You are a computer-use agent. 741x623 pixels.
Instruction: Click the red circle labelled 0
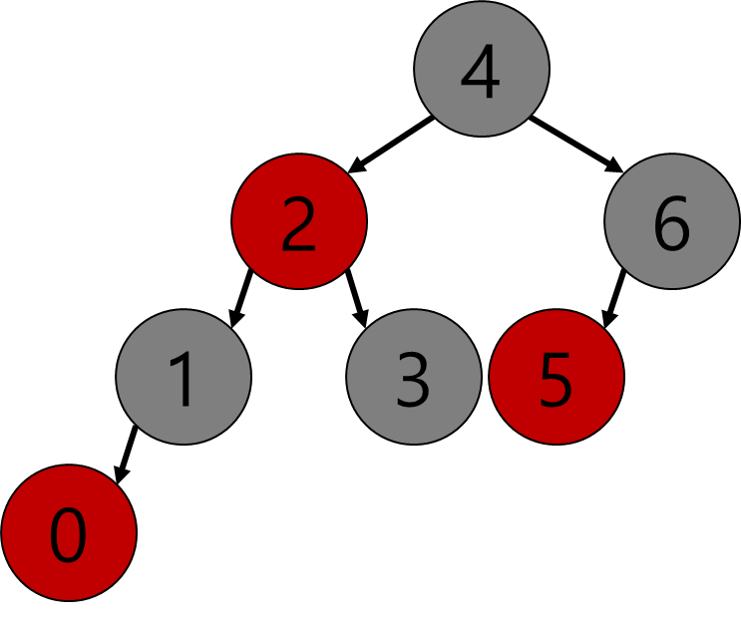[x=69, y=532]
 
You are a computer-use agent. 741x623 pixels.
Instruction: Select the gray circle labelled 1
[x=184, y=377]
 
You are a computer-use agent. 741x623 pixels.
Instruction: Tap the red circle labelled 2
[x=299, y=221]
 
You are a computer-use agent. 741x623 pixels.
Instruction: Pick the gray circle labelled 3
[x=414, y=377]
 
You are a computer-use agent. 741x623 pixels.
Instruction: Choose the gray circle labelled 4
[x=482, y=69]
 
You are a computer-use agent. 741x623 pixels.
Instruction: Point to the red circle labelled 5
[x=556, y=377]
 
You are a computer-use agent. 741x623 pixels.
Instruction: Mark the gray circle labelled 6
[x=672, y=221]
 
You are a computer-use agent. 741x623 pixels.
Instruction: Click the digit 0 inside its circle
[x=69, y=535]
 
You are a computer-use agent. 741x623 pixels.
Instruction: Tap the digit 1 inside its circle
[x=184, y=380]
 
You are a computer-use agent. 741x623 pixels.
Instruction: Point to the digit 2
[x=299, y=224]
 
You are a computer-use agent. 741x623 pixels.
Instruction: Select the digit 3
[x=414, y=380]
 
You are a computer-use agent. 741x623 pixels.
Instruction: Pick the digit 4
[x=481, y=72]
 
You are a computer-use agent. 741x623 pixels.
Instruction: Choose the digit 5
[x=556, y=380]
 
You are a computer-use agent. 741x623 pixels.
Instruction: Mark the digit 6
[x=672, y=224]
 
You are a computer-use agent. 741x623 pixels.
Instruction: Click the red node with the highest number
[x=556, y=377]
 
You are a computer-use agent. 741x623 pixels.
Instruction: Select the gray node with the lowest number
[x=184, y=377]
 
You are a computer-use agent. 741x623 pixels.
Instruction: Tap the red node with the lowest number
[x=69, y=532]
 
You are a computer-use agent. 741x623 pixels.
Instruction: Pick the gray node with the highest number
[x=672, y=221]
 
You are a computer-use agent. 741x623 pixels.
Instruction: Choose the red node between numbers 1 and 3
[x=299, y=221]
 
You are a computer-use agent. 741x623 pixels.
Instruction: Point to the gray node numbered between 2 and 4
[x=414, y=377]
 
